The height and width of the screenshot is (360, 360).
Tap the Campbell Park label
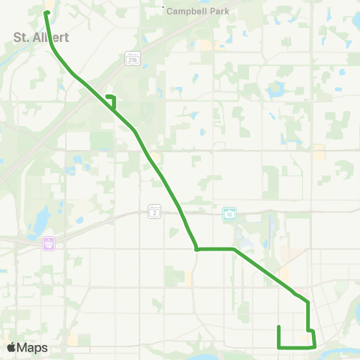pyautogui.click(x=196, y=10)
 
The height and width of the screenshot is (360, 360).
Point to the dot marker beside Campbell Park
pyautogui.click(x=163, y=9)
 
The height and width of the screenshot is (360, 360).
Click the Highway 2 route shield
pyautogui.click(x=154, y=213)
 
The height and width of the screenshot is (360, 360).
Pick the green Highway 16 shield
pyautogui.click(x=229, y=214)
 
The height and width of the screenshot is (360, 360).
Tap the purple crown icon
pyautogui.click(x=50, y=244)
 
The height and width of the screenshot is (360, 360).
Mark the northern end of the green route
pyautogui.click(x=46, y=13)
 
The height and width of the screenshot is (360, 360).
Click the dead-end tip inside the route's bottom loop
pyautogui.click(x=279, y=327)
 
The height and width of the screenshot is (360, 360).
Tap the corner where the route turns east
pyautogui.click(x=196, y=249)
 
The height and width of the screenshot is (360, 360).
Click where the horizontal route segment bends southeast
pyautogui.click(x=235, y=248)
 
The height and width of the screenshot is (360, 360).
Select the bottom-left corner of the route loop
pyautogui.click(x=279, y=347)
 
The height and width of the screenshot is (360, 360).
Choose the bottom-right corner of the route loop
pyautogui.click(x=313, y=346)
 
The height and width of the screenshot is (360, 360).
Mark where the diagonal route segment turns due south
pyautogui.click(x=307, y=302)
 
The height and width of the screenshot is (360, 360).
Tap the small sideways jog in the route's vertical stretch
pyautogui.click(x=310, y=330)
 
